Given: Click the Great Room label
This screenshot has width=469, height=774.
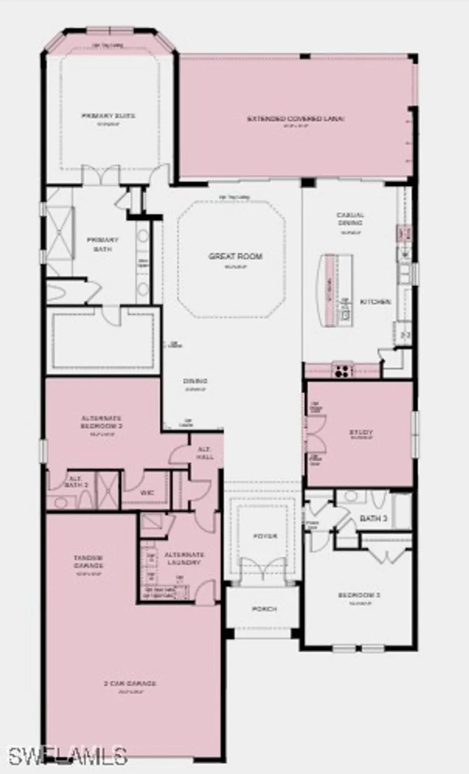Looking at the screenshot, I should (x=236, y=256).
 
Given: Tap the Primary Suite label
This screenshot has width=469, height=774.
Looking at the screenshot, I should (x=108, y=116).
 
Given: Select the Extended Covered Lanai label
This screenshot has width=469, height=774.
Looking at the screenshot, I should (x=295, y=119).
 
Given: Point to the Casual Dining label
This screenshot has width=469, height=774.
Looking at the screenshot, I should (x=350, y=219).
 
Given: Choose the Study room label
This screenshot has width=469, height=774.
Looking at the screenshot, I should (x=361, y=432).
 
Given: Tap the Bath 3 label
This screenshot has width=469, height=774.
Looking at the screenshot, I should (x=373, y=518).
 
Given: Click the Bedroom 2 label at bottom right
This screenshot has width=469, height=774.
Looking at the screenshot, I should (x=359, y=595).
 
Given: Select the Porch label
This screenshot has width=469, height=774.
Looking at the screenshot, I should (x=264, y=609).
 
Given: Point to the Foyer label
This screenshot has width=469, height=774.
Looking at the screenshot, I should (x=265, y=537).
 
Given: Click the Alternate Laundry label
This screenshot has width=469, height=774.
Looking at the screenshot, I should (x=184, y=558).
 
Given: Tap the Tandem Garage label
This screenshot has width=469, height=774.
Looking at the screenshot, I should (x=88, y=561).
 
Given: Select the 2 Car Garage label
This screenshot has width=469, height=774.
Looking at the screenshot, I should (x=130, y=684).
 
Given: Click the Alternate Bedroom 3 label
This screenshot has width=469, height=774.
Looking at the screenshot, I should (x=101, y=422).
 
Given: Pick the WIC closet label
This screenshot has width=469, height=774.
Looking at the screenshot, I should (x=147, y=493).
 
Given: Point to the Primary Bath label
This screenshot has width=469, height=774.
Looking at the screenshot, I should (x=102, y=244).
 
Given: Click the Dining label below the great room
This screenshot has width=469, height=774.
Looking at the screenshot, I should (x=195, y=381).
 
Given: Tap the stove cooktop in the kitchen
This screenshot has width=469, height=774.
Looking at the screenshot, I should (x=342, y=370).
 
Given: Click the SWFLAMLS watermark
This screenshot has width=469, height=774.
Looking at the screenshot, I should (x=67, y=756).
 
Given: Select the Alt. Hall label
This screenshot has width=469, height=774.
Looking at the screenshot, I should (x=205, y=453).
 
